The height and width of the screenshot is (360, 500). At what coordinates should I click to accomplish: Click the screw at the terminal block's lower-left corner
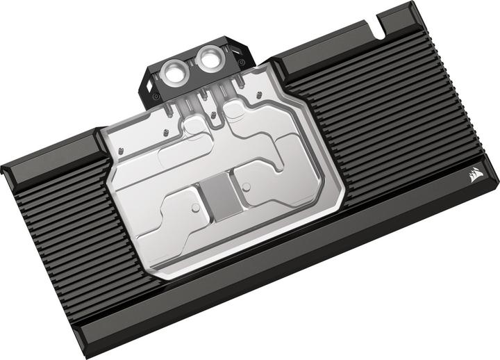[x=156, y=96]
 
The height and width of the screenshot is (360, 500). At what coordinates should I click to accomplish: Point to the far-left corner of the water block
[x=2, y=167]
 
